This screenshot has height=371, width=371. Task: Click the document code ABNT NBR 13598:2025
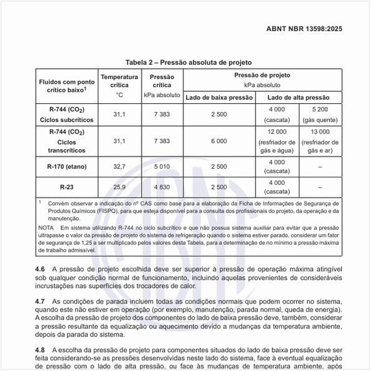point(312,30)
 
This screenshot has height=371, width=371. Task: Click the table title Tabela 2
point(185,61)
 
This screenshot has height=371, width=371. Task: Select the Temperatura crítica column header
point(119,86)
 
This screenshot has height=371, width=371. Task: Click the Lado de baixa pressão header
point(219,98)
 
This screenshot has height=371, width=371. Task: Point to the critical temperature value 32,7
point(119,165)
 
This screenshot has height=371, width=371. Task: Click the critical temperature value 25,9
point(119,186)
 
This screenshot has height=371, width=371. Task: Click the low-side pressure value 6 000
point(219,141)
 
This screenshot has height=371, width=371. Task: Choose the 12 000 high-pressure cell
point(277,140)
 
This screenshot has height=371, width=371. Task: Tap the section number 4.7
point(39,300)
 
